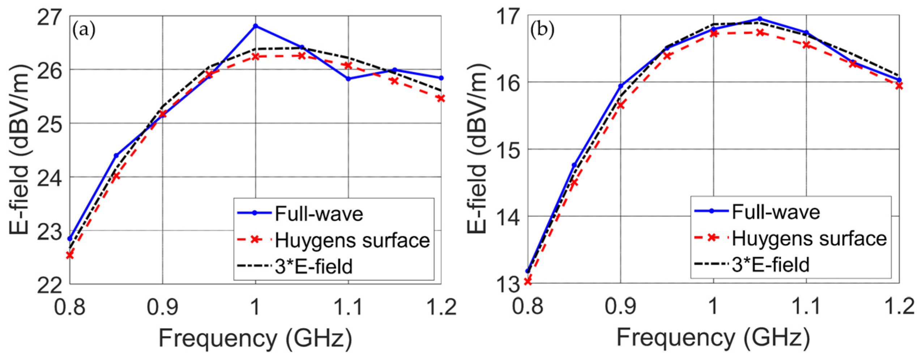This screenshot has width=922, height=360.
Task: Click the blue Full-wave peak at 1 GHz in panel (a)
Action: point(256,26)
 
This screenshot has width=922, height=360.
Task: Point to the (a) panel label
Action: point(84,30)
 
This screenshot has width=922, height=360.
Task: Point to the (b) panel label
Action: point(542,30)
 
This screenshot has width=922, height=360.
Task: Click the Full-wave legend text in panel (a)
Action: point(319,214)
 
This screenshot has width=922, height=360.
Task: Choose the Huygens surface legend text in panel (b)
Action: point(809,239)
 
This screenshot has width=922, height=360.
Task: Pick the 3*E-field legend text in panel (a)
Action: point(313,267)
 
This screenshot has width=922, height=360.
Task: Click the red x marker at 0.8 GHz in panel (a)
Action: point(70,255)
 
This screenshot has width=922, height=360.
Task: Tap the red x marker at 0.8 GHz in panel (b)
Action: point(528,281)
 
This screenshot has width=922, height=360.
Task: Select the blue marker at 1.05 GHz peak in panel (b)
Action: point(760,19)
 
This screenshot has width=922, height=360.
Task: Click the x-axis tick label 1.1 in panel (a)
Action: point(348,307)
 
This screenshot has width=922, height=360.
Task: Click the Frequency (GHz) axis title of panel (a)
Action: point(255,338)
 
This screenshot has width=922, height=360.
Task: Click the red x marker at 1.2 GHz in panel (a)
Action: point(441,98)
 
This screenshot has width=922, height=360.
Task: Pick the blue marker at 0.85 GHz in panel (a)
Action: point(116,155)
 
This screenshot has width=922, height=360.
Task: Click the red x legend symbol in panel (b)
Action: point(712,237)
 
